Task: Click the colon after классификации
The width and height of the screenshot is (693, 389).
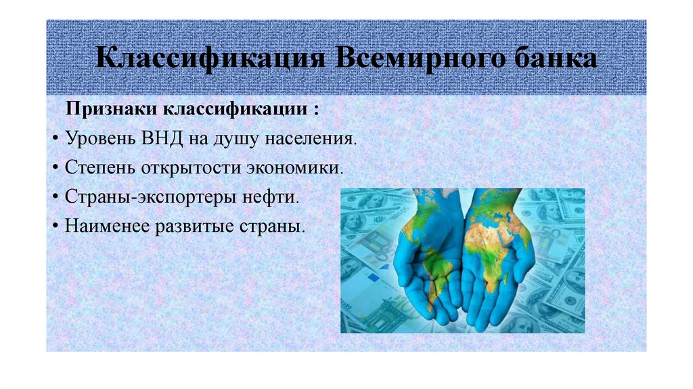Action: coord(316,110)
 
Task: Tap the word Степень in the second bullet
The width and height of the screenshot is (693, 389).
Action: coord(101,167)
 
